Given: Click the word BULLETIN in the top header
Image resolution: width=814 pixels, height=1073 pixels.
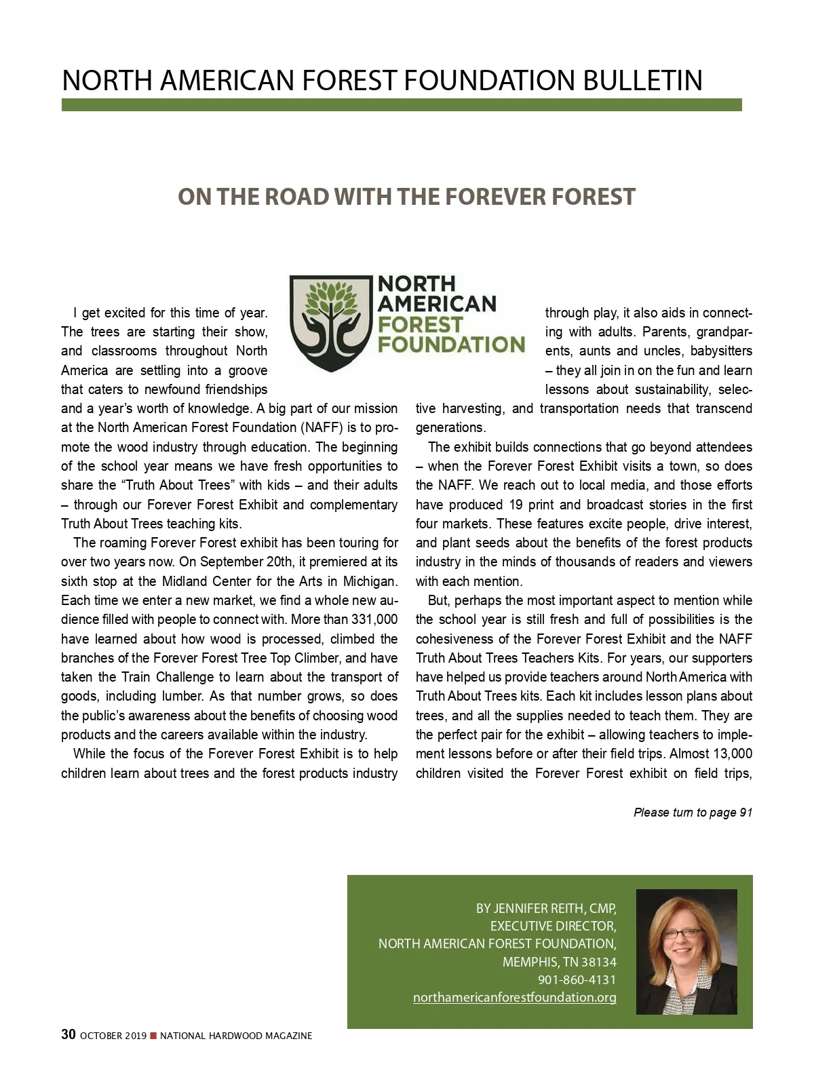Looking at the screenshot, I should coord(642,81).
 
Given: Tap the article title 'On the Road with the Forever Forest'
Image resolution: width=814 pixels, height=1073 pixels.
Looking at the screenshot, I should coord(406,197).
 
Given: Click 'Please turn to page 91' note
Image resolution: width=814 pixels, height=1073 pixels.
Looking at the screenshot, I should coord(693,812).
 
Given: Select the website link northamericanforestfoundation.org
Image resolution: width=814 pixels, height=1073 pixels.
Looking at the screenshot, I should coord(514,997).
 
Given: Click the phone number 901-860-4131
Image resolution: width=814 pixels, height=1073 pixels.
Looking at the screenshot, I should coord(577,979).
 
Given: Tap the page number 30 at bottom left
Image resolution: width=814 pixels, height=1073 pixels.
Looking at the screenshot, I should coord(68,1034).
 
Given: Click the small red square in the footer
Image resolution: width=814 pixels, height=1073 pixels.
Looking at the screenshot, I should coord(153,1035).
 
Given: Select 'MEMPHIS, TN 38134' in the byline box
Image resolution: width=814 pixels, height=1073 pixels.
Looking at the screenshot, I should coord(559,962).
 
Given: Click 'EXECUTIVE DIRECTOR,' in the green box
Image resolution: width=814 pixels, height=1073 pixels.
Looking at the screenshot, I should coord(553,926).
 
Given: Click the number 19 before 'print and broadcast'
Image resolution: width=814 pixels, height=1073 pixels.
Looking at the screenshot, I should coord(515,504).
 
